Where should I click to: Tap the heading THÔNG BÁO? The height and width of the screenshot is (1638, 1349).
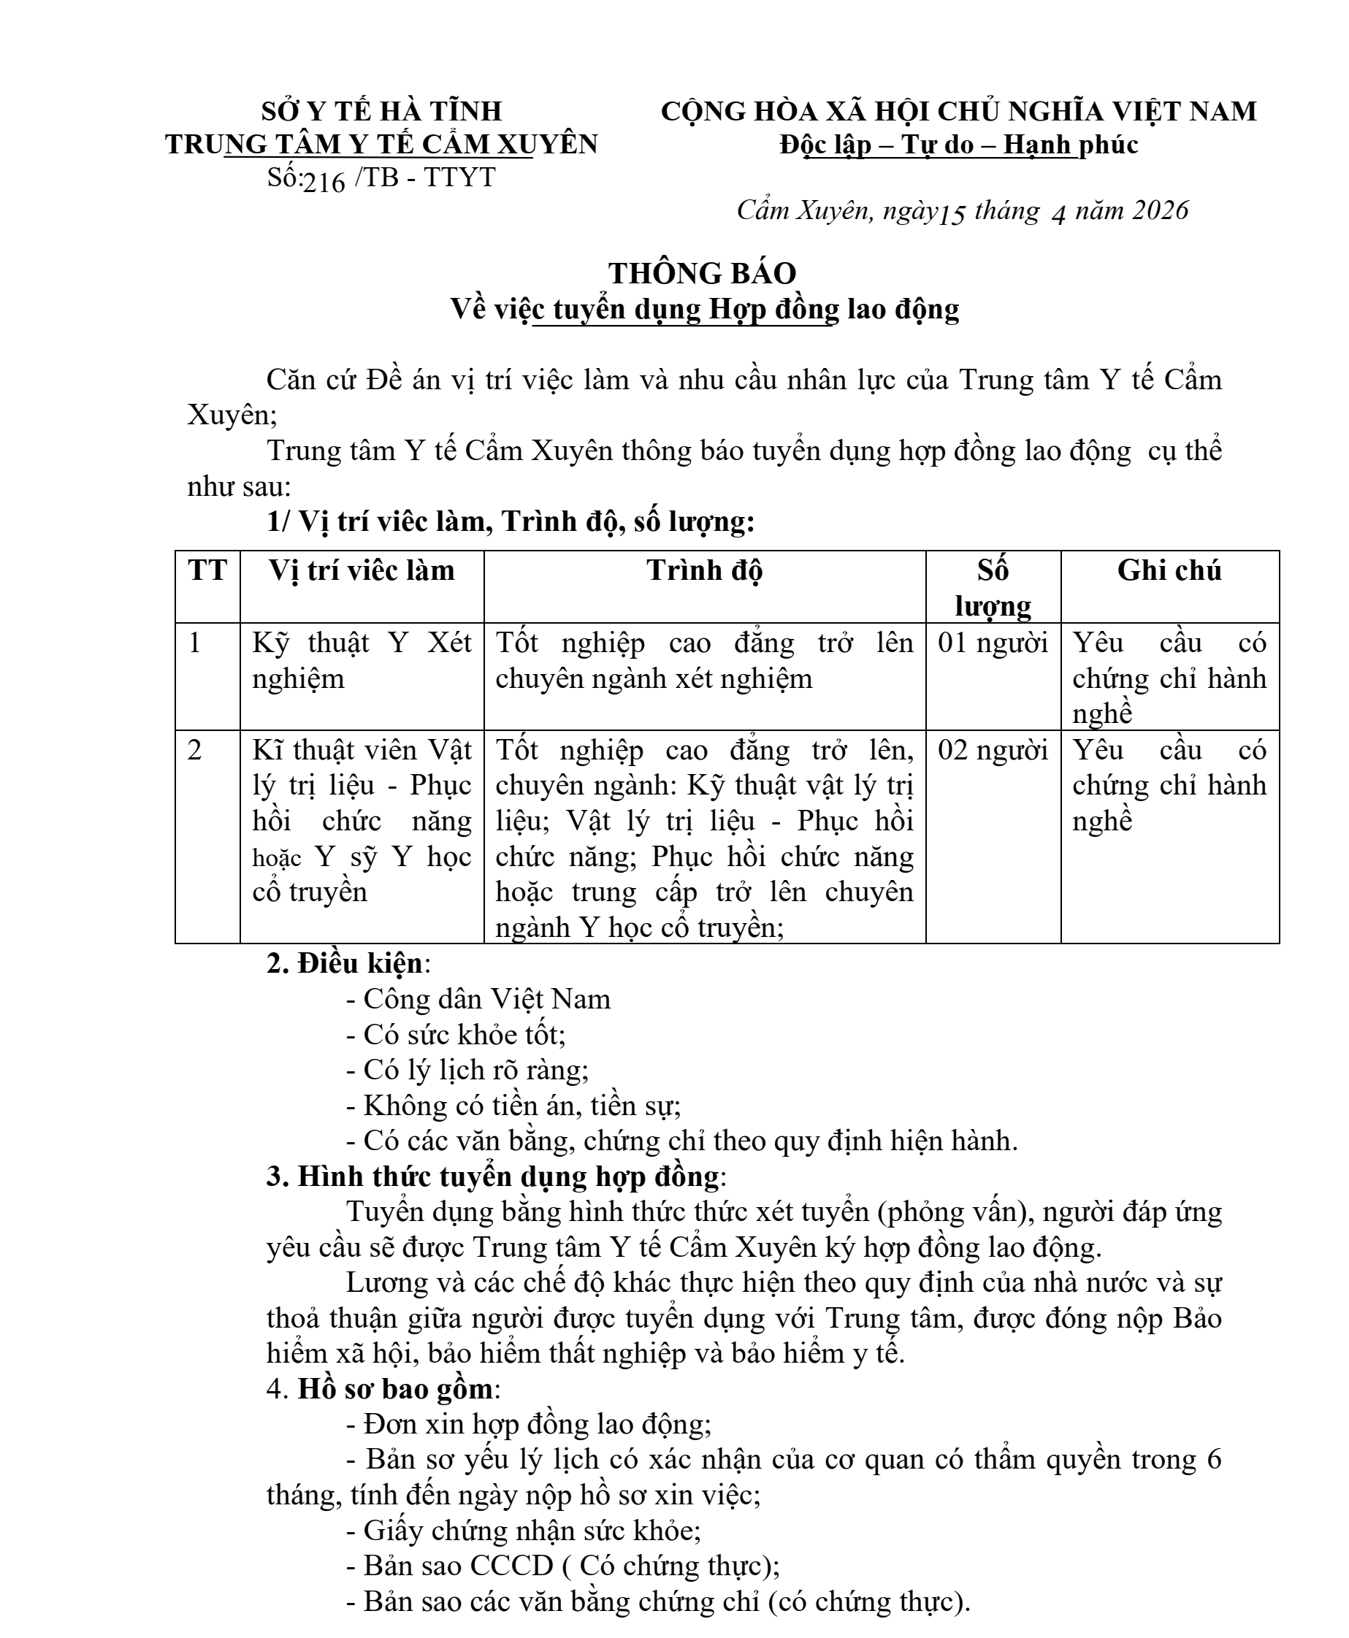coord(703,274)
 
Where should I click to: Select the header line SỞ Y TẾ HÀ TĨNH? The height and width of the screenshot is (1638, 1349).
coord(381,111)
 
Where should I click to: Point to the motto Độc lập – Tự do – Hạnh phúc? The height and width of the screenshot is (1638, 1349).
coord(959,145)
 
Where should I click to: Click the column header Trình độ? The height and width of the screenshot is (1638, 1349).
coord(704,571)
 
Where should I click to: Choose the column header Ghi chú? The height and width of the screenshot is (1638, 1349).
coord(1169,571)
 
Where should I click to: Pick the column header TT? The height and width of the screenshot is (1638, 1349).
coord(207,571)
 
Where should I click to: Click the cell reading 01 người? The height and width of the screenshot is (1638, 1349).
coord(993,643)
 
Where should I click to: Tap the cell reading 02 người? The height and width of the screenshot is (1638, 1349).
coord(993,751)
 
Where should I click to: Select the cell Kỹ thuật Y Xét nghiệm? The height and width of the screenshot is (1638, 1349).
coord(362,660)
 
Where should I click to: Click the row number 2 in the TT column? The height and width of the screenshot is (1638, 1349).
coord(195,751)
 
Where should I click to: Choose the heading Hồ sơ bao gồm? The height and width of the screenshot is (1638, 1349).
coord(394,1390)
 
